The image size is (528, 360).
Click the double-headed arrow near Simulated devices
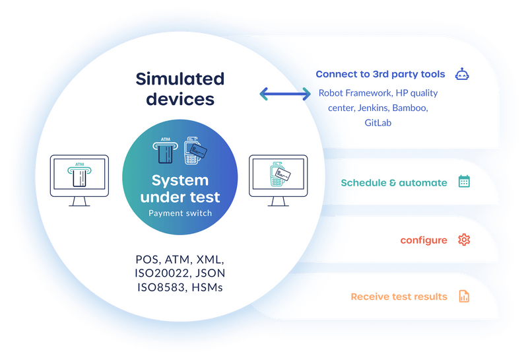coord(285,94)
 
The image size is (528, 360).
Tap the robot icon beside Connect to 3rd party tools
coord(463,74)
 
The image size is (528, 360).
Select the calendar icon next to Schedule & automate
coord(464,182)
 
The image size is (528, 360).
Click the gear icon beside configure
coord(464,240)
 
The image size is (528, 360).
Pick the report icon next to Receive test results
coord(464,297)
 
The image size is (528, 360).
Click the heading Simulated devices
coord(180,89)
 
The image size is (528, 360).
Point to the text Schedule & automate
coord(393,183)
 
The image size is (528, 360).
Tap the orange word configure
coord(424,240)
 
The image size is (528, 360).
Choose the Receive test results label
coord(399,297)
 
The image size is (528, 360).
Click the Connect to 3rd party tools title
coord(380,74)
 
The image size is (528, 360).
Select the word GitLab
coord(378,122)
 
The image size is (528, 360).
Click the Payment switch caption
coord(180,213)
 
